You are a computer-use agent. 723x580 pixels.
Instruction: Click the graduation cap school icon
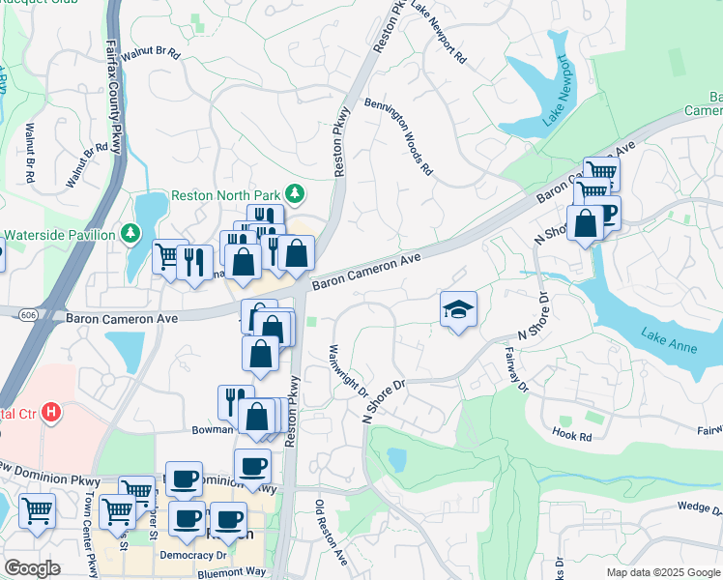[x=459, y=309]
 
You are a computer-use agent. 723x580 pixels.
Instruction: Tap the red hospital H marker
[x=51, y=412]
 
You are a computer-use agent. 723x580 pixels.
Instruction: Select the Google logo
[x=32, y=568]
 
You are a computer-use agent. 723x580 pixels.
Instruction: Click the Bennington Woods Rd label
[x=397, y=136]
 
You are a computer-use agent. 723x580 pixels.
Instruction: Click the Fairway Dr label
[x=513, y=371]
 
